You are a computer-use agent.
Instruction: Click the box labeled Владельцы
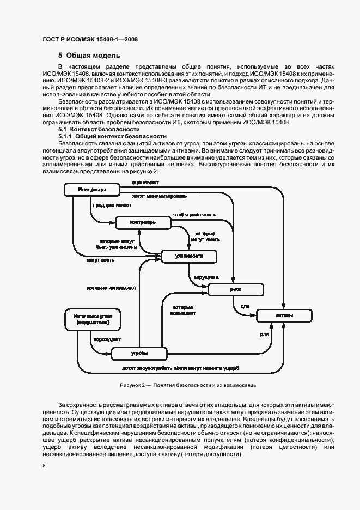point(91,190)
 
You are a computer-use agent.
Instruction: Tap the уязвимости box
point(189,256)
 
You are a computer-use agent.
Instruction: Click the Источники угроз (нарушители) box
point(92,319)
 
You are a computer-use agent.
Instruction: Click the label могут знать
point(100,259)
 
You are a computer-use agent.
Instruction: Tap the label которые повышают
point(183,310)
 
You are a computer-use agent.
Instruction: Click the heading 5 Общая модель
point(89,55)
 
